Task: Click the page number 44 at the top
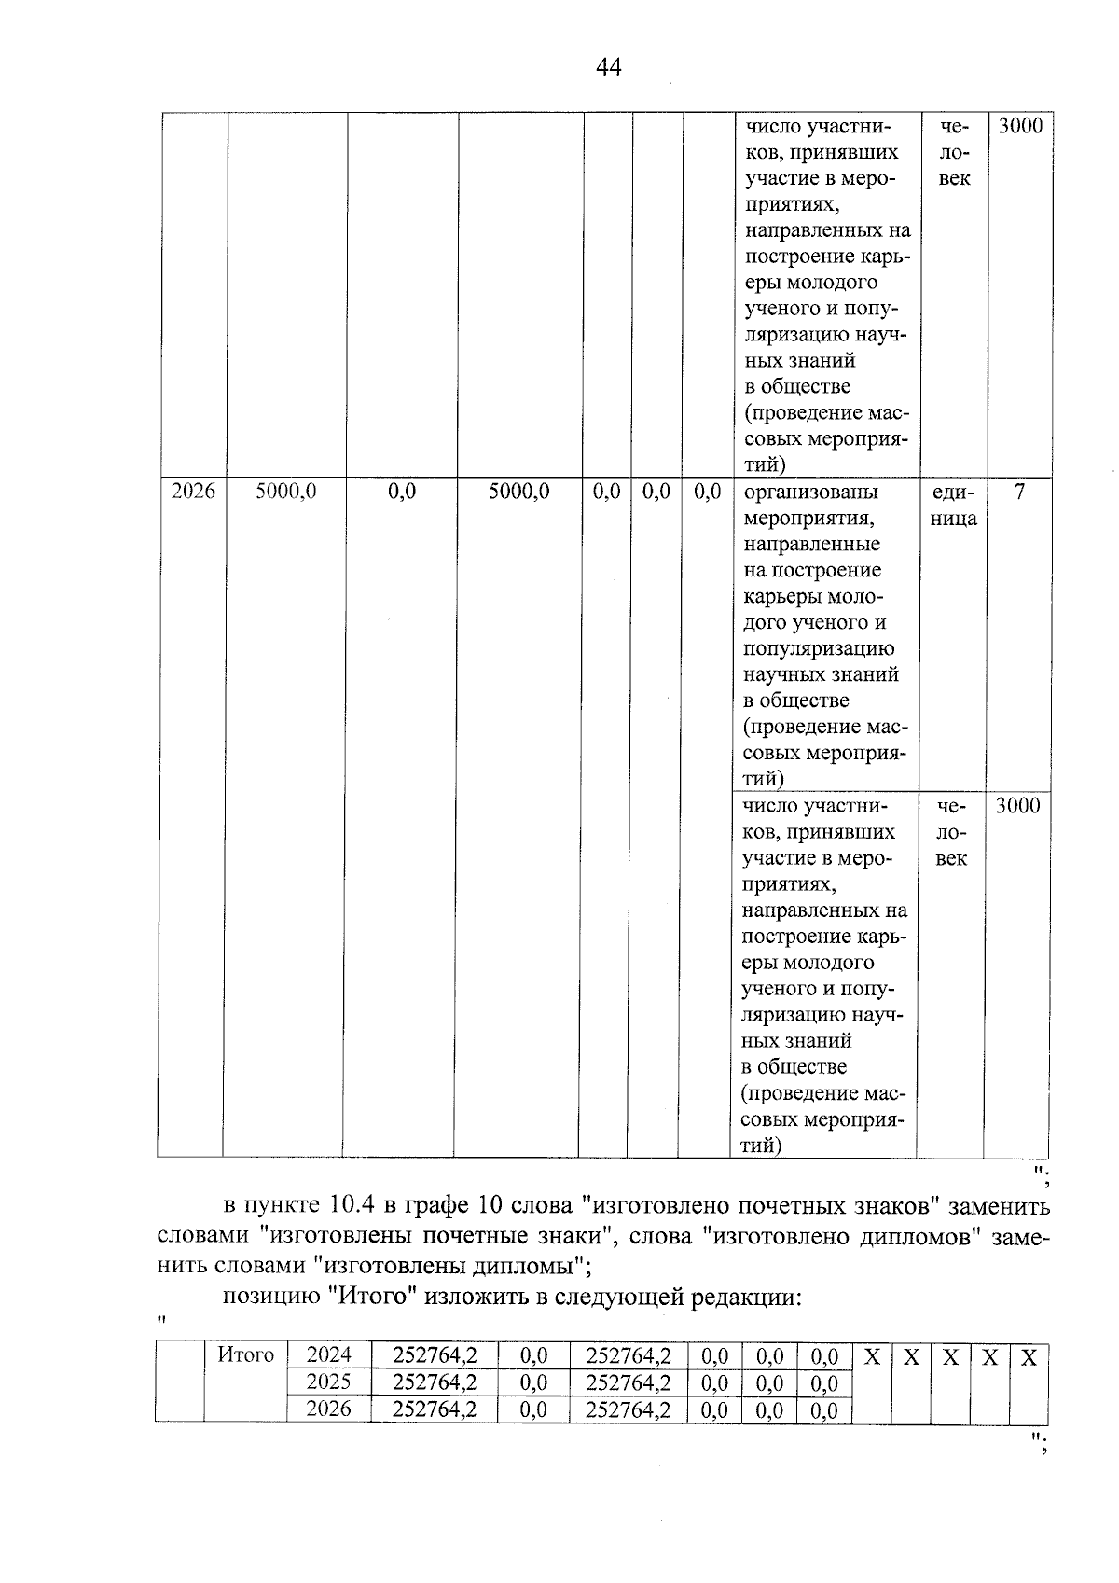(607, 67)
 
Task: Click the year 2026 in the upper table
(193, 492)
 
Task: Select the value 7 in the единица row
(1019, 492)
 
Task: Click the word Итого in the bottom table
(245, 1355)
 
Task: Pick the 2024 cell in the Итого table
(329, 1355)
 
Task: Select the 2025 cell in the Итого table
(329, 1382)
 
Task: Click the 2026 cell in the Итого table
(329, 1409)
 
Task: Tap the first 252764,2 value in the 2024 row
(435, 1355)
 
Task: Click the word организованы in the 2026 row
(810, 492)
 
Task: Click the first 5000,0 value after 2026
(286, 492)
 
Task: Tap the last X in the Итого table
(1029, 1357)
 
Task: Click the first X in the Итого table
(872, 1357)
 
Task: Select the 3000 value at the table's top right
(1020, 126)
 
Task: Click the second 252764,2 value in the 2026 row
(628, 1409)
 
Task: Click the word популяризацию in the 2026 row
(819, 648)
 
